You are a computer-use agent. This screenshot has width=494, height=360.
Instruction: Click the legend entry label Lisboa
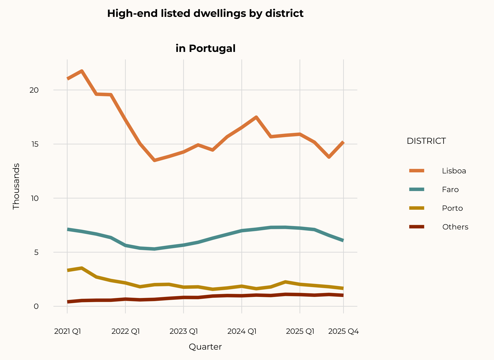click(x=454, y=171)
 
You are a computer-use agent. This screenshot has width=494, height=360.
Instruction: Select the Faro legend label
click(x=450, y=189)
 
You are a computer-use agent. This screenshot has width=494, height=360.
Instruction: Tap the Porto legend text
click(x=452, y=208)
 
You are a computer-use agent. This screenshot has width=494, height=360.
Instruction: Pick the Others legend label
click(x=455, y=227)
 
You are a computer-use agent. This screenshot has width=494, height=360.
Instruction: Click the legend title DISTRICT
click(x=426, y=141)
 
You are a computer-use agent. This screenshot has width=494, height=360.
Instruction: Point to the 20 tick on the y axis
click(x=34, y=90)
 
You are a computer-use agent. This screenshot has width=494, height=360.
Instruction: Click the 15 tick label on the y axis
click(x=34, y=144)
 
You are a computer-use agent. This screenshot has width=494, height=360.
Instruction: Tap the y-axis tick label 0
click(x=36, y=306)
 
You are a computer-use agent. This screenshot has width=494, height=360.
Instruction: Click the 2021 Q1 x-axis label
click(x=67, y=331)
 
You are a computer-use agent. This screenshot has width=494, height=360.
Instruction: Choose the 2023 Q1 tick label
click(x=184, y=331)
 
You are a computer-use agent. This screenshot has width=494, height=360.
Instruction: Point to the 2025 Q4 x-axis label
click(x=343, y=331)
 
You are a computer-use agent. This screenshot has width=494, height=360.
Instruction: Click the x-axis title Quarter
click(x=205, y=347)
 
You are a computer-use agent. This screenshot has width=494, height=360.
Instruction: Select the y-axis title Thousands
click(x=16, y=186)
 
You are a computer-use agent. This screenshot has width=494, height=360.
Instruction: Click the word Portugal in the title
click(x=212, y=49)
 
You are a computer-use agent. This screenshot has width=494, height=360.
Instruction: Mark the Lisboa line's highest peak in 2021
click(x=82, y=71)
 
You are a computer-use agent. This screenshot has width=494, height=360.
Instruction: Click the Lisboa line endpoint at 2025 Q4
click(x=343, y=142)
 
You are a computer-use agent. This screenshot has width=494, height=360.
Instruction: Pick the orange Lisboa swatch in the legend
click(x=416, y=171)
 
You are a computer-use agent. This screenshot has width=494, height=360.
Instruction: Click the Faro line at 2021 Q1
click(x=67, y=229)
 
